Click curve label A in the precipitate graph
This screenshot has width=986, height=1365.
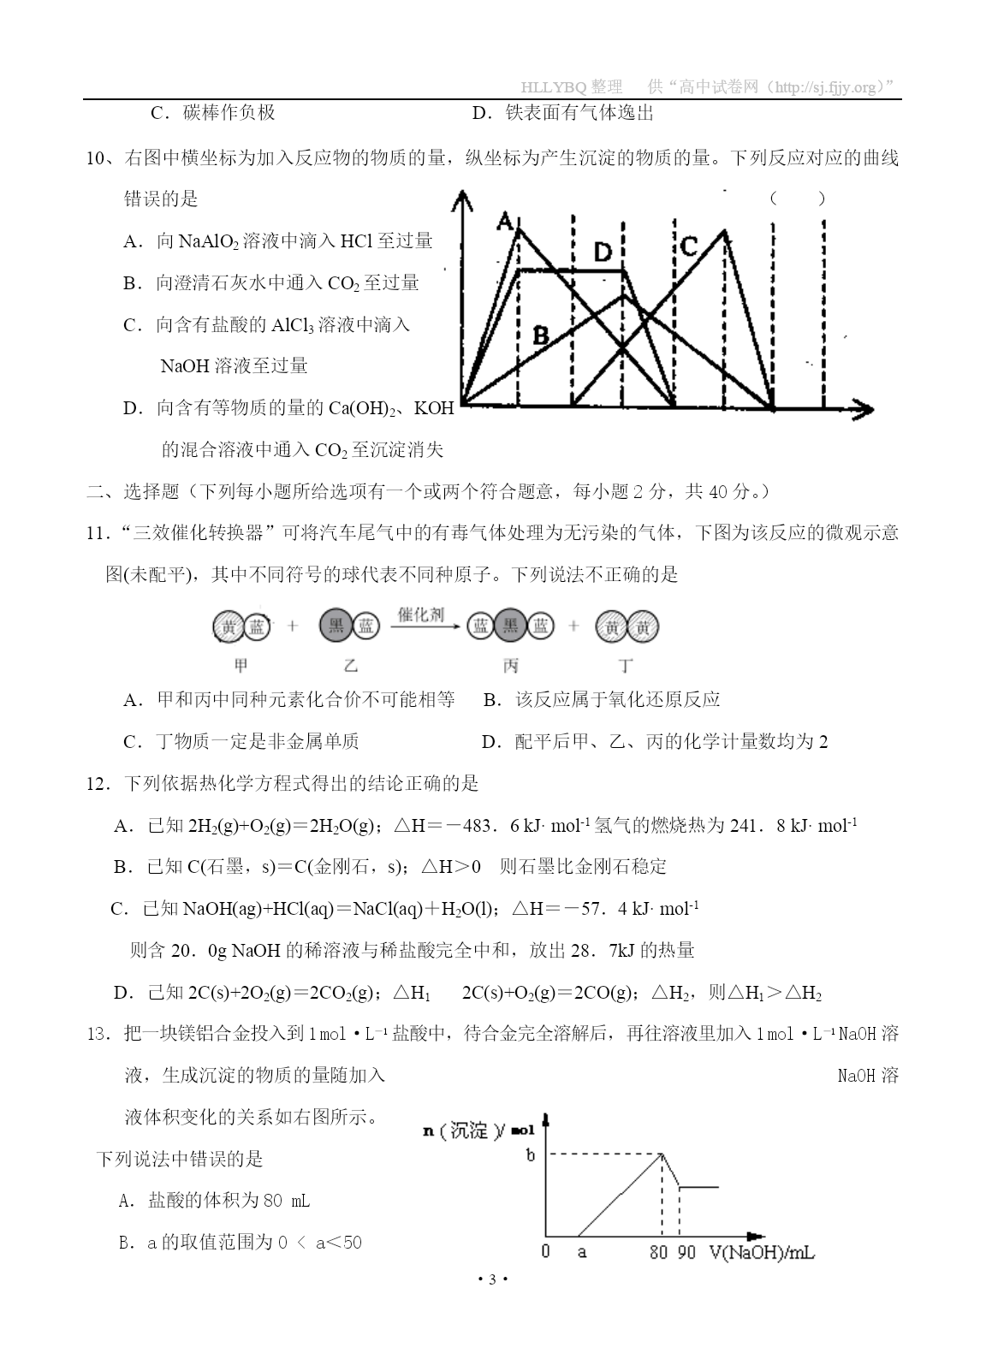pos(505,223)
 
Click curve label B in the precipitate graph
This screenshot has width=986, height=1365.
pos(540,335)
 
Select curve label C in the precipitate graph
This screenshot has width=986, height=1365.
pos(689,246)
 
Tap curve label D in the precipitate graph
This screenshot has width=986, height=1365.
pos(603,252)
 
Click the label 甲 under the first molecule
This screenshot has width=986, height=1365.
pos(241,666)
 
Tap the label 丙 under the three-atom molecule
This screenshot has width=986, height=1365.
pos(511,666)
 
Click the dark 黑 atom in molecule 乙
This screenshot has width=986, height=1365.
pos(336,627)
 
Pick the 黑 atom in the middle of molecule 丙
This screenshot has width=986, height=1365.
pos(510,627)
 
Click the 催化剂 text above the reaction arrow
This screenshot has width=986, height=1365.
pos(421,615)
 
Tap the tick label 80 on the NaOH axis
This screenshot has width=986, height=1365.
pos(658,1252)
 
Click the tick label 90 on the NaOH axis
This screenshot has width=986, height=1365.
pos(686,1252)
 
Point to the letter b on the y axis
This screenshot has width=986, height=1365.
pos(531,1155)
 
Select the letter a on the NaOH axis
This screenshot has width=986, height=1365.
pos(582,1253)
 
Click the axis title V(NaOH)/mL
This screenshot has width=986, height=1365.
pos(761,1252)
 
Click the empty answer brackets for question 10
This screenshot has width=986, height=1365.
pos(797,199)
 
